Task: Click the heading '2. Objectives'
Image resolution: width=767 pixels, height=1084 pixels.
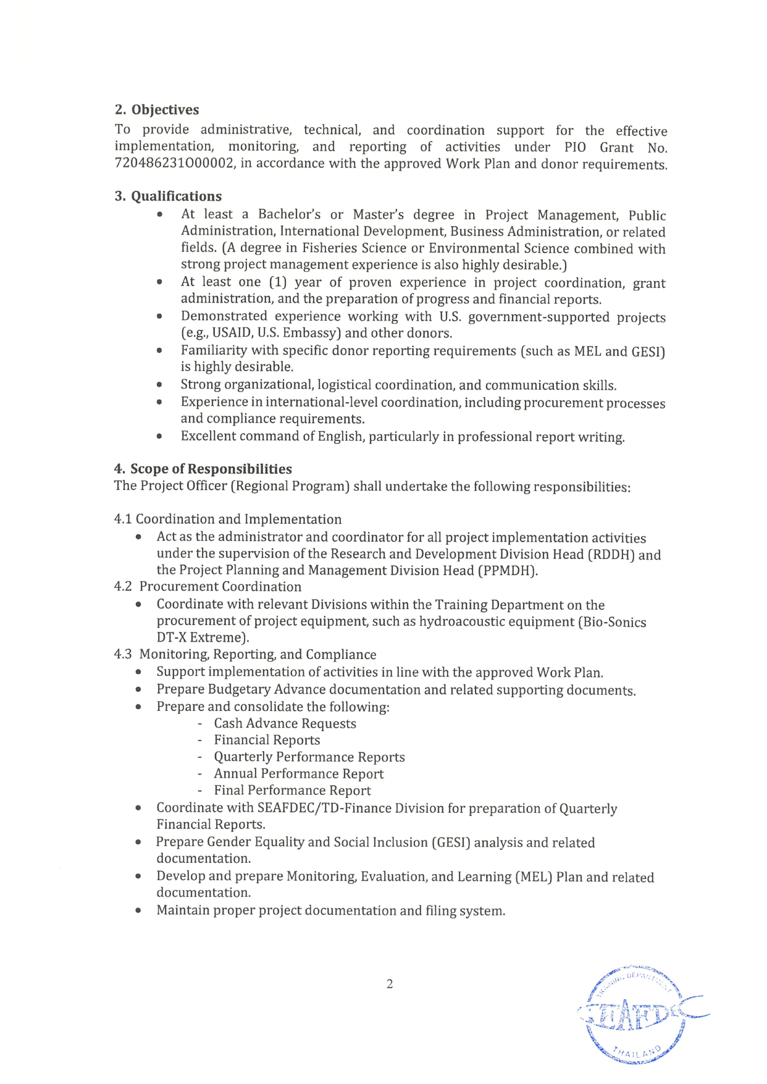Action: tap(157, 110)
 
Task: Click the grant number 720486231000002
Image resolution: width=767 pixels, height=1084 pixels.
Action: tap(174, 164)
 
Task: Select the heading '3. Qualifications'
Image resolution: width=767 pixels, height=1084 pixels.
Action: tap(168, 196)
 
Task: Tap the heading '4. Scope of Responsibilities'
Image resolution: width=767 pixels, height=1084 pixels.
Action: tap(203, 469)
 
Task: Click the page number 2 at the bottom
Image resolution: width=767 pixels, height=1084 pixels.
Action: tap(389, 984)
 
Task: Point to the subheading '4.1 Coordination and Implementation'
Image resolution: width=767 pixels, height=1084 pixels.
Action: tap(228, 519)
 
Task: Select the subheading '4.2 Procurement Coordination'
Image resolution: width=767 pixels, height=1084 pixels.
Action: tap(208, 587)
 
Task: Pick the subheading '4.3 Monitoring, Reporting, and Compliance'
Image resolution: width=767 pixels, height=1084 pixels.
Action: tap(245, 655)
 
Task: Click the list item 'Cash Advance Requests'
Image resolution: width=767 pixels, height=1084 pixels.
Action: tap(285, 723)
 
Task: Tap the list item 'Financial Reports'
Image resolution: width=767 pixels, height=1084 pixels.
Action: tap(267, 740)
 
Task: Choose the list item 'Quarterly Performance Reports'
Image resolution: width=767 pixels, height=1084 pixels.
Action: tap(309, 757)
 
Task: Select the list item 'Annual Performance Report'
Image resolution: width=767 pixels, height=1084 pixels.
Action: tap(298, 774)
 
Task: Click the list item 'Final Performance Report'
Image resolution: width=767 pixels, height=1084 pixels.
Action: tap(292, 791)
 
